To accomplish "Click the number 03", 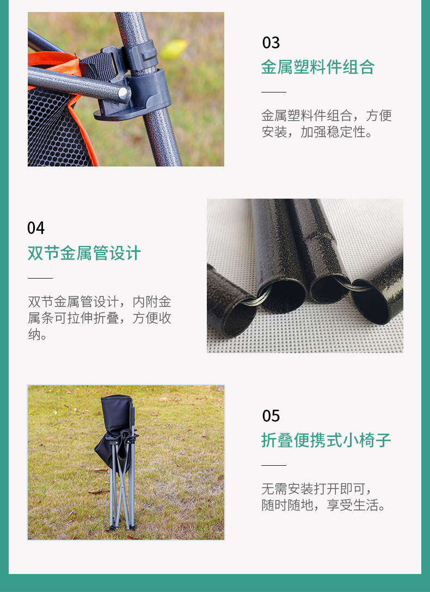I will tap(271, 42).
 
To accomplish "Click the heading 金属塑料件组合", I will tap(318, 67).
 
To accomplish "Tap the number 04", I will tap(36, 228).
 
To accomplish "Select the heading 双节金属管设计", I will tap(84, 253).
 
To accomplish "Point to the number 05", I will tap(271, 416).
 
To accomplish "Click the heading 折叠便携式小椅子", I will tap(326, 440).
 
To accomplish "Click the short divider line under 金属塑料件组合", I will tap(273, 92).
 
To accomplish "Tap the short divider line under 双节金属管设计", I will tap(40, 278).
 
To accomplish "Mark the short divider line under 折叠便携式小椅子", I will tap(273, 465).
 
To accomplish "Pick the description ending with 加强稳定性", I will tap(326, 124).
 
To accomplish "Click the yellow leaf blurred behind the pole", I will tap(174, 50).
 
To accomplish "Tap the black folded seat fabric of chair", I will tap(115, 419).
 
